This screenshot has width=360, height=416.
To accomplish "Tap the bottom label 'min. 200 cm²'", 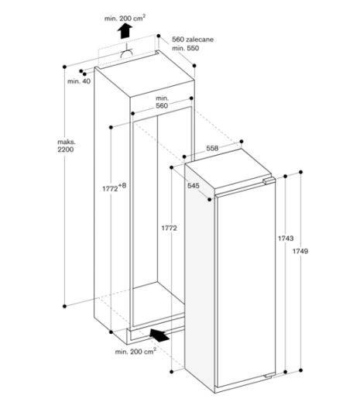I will point(135,352).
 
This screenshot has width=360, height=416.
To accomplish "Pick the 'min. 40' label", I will point(79,81).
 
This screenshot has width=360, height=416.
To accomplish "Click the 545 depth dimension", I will point(194,185).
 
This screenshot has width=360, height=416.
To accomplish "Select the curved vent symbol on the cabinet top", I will point(128,54).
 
